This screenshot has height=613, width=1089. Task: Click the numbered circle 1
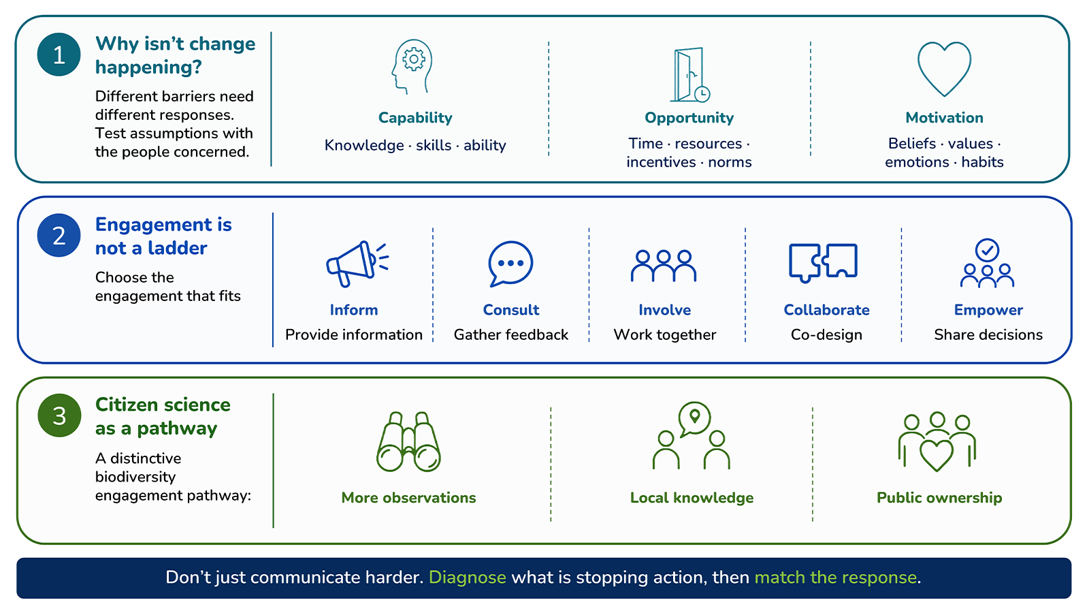59,54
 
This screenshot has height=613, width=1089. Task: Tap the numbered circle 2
59,236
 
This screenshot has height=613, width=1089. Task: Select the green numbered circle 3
59,415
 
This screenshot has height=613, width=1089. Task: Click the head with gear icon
412,67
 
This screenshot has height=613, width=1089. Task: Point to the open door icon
690,75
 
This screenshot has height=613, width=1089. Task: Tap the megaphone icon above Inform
357,264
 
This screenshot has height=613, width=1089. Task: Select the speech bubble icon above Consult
510,263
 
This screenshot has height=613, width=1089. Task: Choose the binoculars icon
408,442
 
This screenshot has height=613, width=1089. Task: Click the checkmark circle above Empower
987,251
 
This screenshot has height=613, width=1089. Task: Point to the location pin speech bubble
694,418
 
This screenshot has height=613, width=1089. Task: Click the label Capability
415,118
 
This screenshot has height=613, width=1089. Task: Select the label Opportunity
689,118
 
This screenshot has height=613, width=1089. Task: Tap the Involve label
664,310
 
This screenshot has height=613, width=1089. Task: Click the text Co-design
826,334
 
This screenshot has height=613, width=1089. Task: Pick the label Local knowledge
692,498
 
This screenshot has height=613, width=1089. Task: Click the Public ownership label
939,498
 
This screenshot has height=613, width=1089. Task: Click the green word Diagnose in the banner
467,578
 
